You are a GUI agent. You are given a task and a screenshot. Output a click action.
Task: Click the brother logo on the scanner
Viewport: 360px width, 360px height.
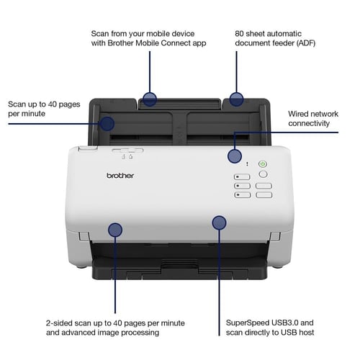[x=121, y=175]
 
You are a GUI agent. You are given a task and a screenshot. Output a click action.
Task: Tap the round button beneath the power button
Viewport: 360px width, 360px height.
[x=262, y=174]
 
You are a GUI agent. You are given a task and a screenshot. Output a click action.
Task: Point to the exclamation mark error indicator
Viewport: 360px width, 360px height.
[x=247, y=164]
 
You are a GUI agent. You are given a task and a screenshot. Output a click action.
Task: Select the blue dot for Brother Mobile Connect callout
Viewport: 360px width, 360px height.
[x=149, y=99]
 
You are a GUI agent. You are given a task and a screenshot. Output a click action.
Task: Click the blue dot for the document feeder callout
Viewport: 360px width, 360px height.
[x=236, y=99]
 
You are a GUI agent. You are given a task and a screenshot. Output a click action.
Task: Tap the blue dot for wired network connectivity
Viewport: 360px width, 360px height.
[x=234, y=156]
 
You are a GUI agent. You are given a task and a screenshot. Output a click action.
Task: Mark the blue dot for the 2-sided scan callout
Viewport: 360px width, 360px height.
[x=114, y=230]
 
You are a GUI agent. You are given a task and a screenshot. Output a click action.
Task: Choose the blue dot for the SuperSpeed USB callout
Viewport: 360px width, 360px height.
[x=219, y=222]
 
